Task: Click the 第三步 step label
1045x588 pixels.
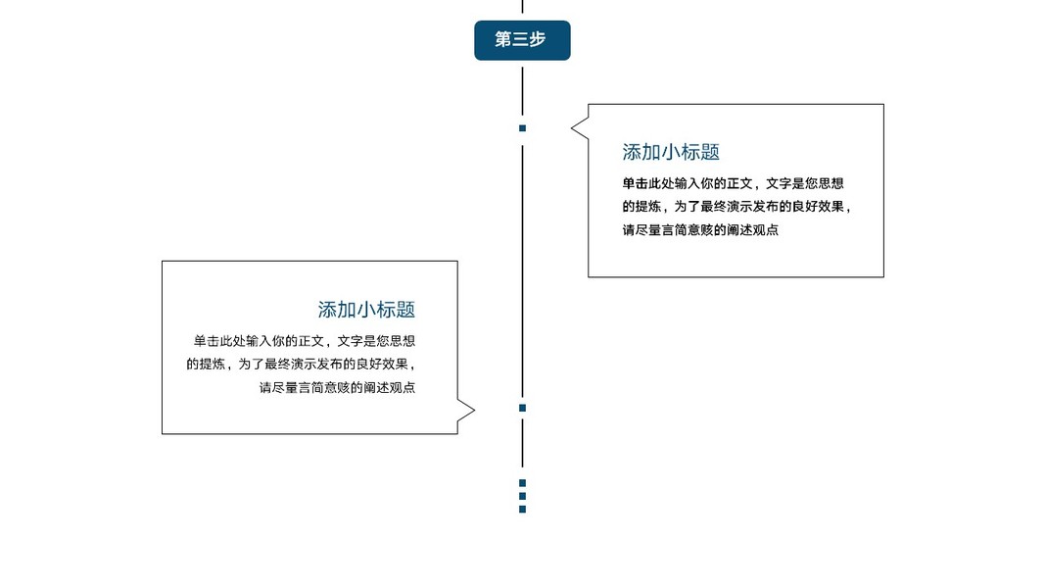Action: click(522, 40)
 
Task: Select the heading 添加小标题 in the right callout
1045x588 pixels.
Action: click(671, 152)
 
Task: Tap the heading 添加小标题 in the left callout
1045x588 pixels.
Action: click(366, 310)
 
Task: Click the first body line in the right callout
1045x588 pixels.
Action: click(733, 183)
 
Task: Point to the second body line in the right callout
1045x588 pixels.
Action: click(736, 207)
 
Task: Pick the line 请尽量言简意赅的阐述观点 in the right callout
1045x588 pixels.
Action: click(700, 230)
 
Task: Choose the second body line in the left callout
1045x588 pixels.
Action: click(308, 365)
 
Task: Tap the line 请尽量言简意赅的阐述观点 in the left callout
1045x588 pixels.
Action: click(337, 388)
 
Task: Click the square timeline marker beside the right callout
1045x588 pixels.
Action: click(522, 128)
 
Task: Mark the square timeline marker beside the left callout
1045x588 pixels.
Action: click(522, 408)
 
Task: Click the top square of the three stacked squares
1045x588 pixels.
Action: click(522, 483)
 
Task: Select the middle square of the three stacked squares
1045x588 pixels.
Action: click(522, 496)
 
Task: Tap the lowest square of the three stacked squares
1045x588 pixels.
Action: click(522, 510)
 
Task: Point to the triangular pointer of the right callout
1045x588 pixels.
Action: click(579, 127)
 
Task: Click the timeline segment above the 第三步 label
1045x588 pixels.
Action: click(522, 7)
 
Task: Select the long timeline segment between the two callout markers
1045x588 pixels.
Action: click(522, 265)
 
